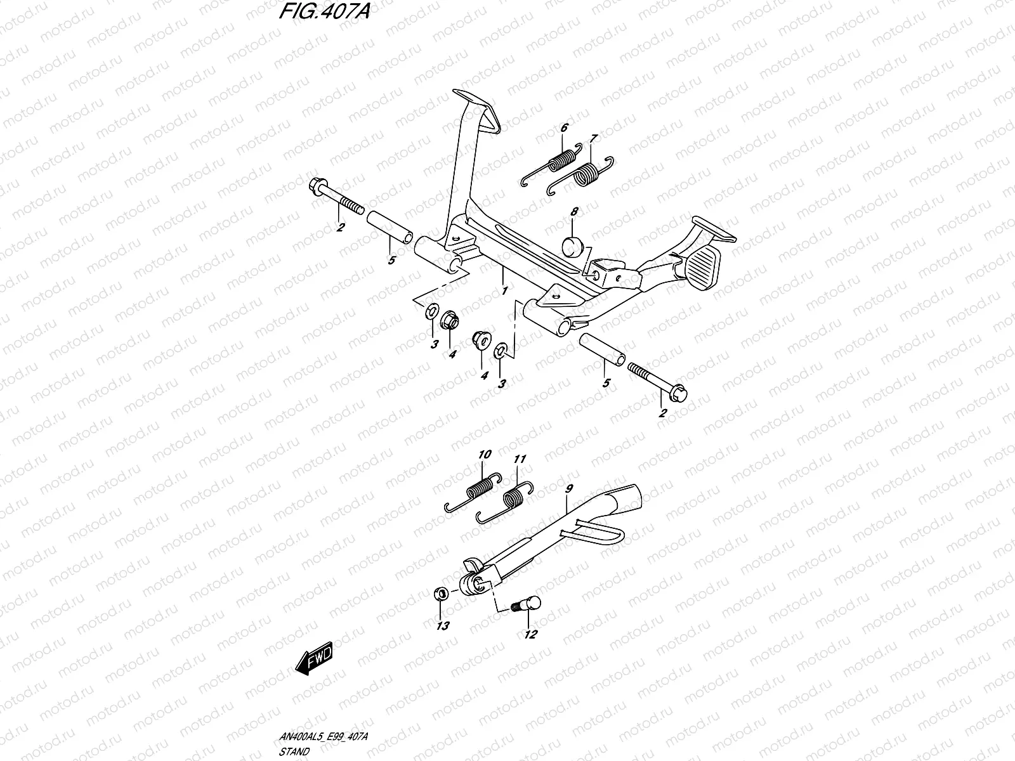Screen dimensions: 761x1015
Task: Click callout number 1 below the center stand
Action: point(504,291)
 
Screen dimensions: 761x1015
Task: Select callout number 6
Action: point(563,128)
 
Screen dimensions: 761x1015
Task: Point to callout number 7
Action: point(593,139)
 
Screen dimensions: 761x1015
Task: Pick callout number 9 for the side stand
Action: point(568,489)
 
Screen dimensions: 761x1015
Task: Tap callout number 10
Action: point(485,455)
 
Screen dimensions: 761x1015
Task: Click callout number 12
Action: point(531,634)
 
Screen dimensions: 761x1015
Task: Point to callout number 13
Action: point(442,627)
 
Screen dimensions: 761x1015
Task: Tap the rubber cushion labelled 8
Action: point(573,245)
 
